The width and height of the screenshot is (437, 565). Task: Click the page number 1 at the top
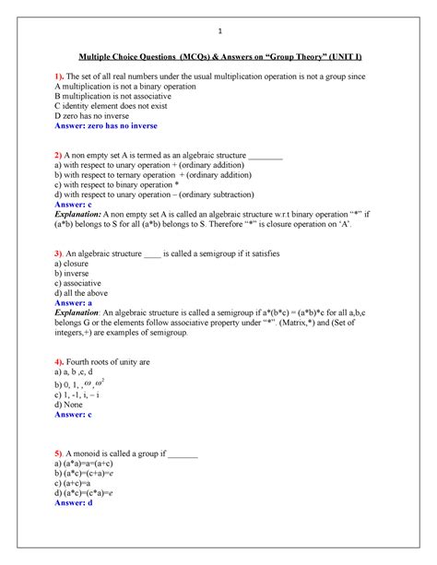218,25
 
